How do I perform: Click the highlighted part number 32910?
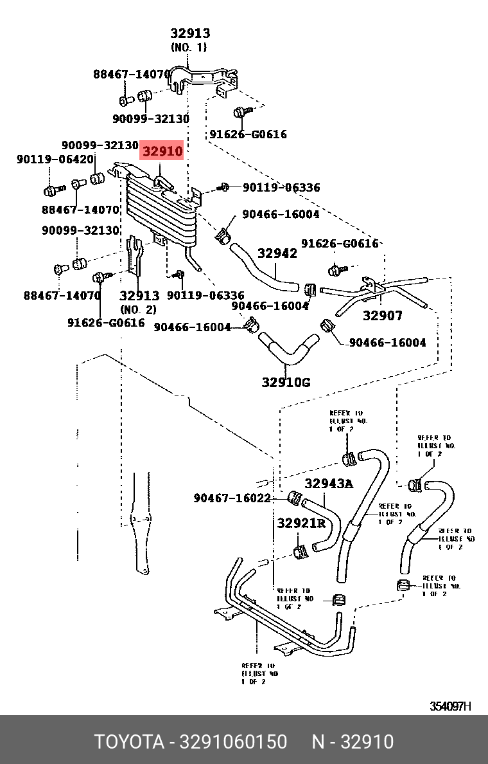pos(162,152)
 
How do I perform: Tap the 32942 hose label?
pos(277,253)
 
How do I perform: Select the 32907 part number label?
pos(383,316)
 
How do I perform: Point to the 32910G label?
pos(286,382)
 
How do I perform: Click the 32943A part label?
pos(329,484)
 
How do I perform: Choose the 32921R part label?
pos(301,523)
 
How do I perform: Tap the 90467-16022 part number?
pos(232,498)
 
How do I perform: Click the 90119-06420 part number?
pos(55,159)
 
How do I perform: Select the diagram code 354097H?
pos(450,706)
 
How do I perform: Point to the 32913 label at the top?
pos(189,33)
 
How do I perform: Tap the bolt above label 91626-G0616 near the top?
pos(239,113)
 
